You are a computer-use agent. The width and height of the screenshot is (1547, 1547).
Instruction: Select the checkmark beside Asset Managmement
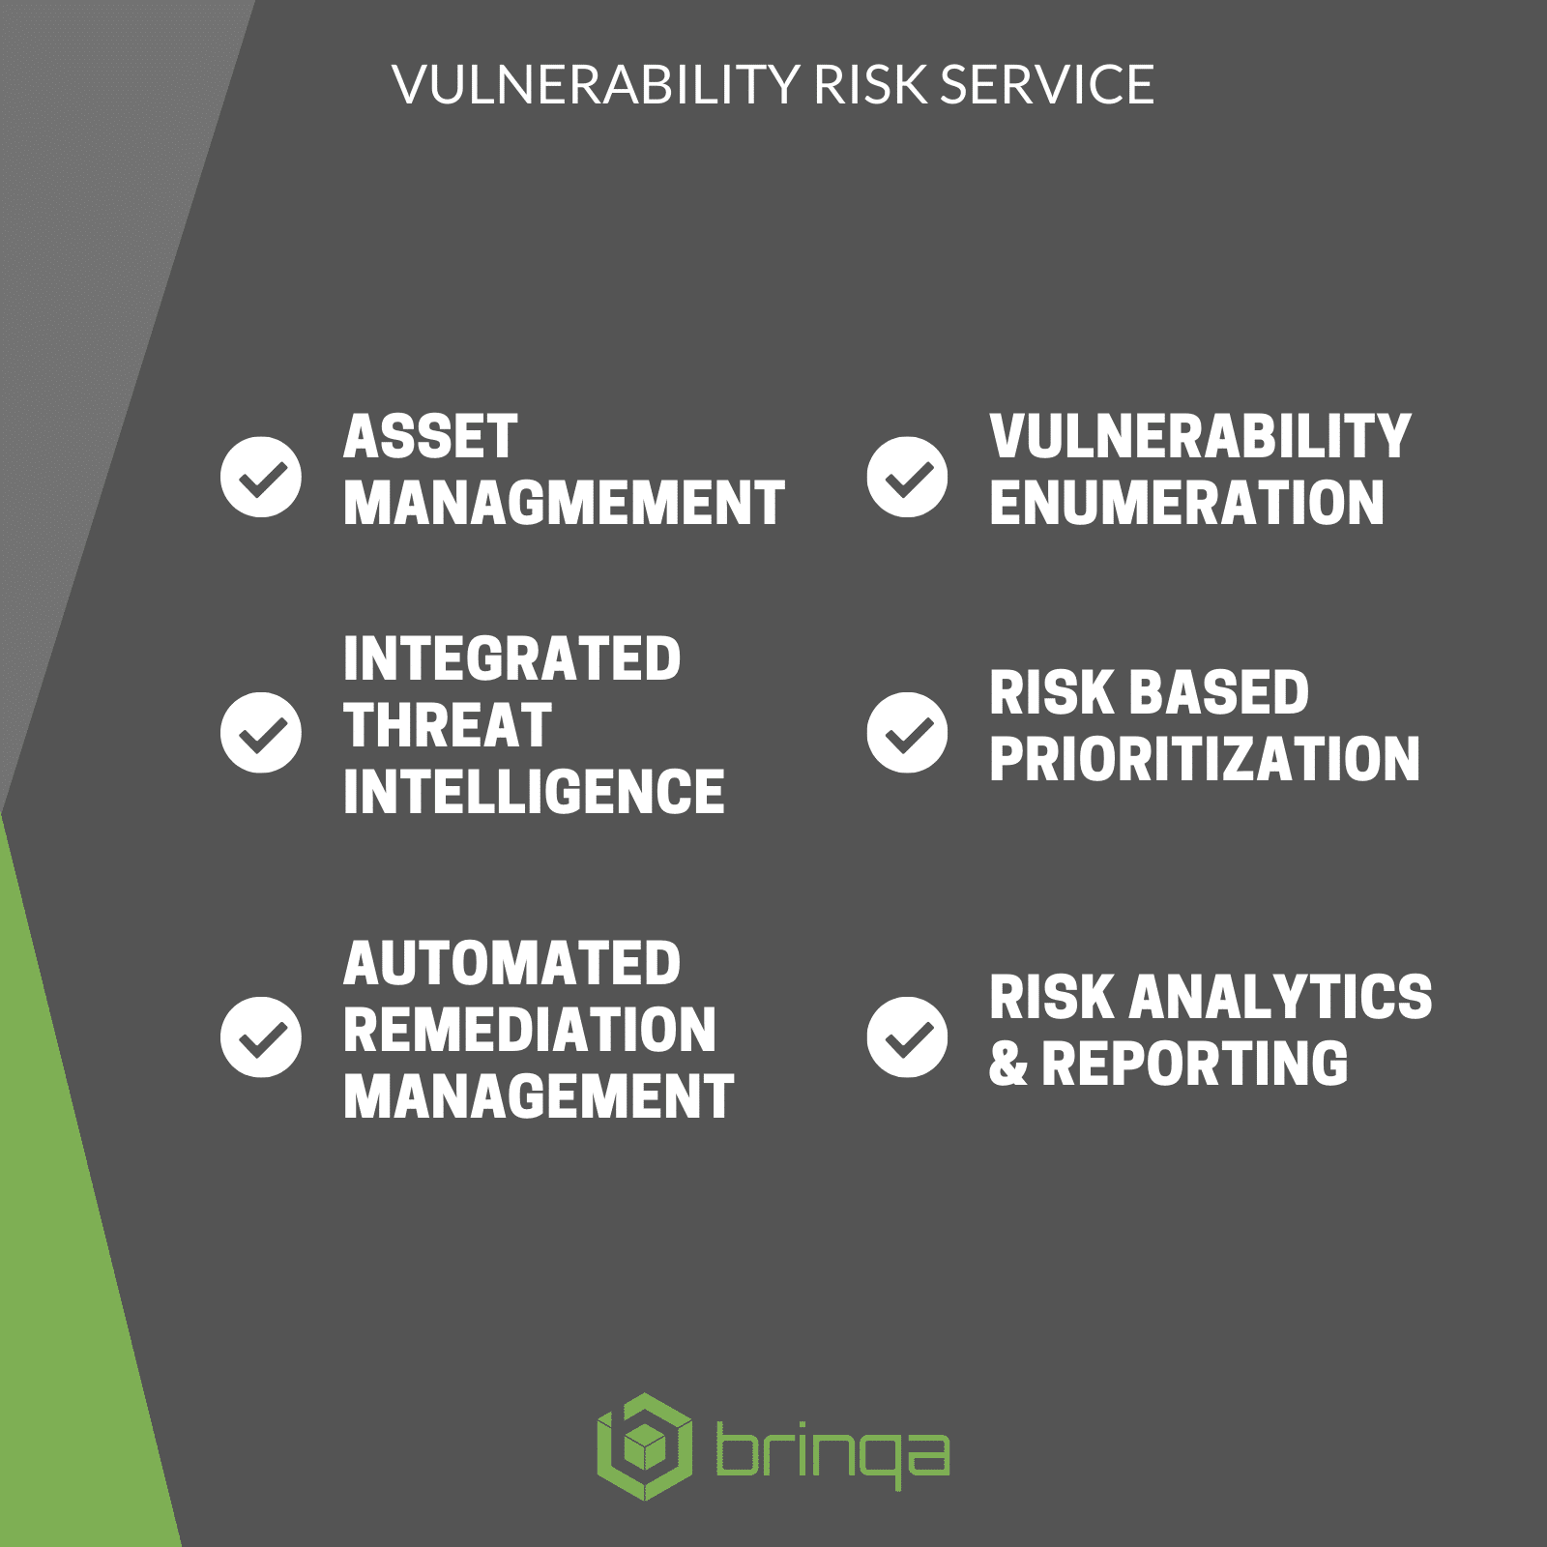click(260, 477)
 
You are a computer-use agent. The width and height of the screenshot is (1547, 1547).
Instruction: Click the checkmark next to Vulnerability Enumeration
click(907, 477)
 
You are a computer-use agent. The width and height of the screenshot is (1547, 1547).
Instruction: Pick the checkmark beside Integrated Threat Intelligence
click(260, 732)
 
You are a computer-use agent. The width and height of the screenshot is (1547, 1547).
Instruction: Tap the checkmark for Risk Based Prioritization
click(907, 732)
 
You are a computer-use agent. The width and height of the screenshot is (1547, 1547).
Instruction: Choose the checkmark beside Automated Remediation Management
click(260, 1036)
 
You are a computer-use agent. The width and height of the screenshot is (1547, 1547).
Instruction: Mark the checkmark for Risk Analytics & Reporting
click(907, 1036)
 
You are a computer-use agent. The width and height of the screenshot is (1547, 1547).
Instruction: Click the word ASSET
click(430, 437)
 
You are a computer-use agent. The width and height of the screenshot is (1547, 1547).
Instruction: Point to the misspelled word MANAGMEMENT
click(564, 503)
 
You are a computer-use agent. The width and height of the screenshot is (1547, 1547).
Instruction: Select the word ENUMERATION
click(1186, 503)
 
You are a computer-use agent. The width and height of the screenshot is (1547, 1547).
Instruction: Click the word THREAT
click(447, 726)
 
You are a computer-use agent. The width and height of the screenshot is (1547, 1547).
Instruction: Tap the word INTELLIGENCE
click(534, 792)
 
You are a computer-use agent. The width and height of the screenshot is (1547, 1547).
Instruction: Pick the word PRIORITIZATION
click(1205, 759)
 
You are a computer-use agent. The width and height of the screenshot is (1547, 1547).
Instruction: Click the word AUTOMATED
click(511, 964)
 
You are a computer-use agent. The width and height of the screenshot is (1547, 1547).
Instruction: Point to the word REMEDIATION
click(530, 1030)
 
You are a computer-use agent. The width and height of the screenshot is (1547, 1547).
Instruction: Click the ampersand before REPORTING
click(1008, 1064)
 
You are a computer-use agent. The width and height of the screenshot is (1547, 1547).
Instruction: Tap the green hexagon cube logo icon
click(645, 1446)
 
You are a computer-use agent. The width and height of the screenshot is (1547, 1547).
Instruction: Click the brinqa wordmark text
click(832, 1453)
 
